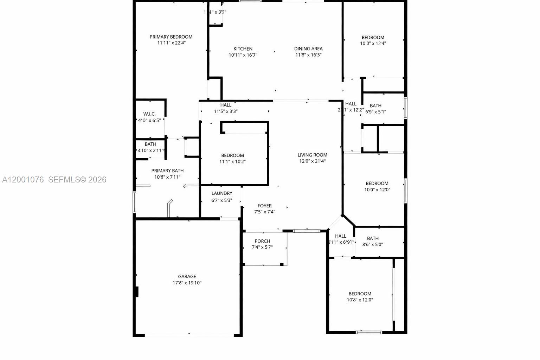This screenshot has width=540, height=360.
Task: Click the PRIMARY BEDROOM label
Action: tap(171, 37)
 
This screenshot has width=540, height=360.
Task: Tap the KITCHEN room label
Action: tap(243, 49)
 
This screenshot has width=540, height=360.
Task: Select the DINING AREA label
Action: tap(308, 49)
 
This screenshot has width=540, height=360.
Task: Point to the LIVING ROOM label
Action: tap(312, 155)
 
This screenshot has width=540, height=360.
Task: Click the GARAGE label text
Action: tap(187, 277)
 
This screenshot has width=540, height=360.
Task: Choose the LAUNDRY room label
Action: tap(222, 193)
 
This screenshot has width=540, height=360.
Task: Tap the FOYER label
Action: tap(264, 206)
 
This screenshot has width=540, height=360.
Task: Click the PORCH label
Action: tap(262, 241)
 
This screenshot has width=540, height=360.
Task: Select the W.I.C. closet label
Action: tap(149, 114)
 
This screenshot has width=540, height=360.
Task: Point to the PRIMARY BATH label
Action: tap(167, 171)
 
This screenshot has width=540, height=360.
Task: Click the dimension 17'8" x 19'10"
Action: tap(187, 283)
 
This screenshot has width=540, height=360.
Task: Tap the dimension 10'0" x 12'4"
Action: tap(373, 44)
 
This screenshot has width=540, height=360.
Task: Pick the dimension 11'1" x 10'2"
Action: tap(232, 162)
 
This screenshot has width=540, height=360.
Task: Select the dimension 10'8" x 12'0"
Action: tap(360, 300)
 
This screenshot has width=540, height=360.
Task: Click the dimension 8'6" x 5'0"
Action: tap(373, 245)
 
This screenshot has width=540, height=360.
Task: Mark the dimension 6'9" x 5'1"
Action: tap(375, 112)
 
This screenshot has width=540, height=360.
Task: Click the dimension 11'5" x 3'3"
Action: tap(226, 111)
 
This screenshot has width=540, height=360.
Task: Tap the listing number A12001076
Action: tap(23, 180)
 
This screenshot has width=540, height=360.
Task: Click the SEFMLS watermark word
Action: tap(64, 180)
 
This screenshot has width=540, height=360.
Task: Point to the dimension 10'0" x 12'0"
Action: tap(377, 190)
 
